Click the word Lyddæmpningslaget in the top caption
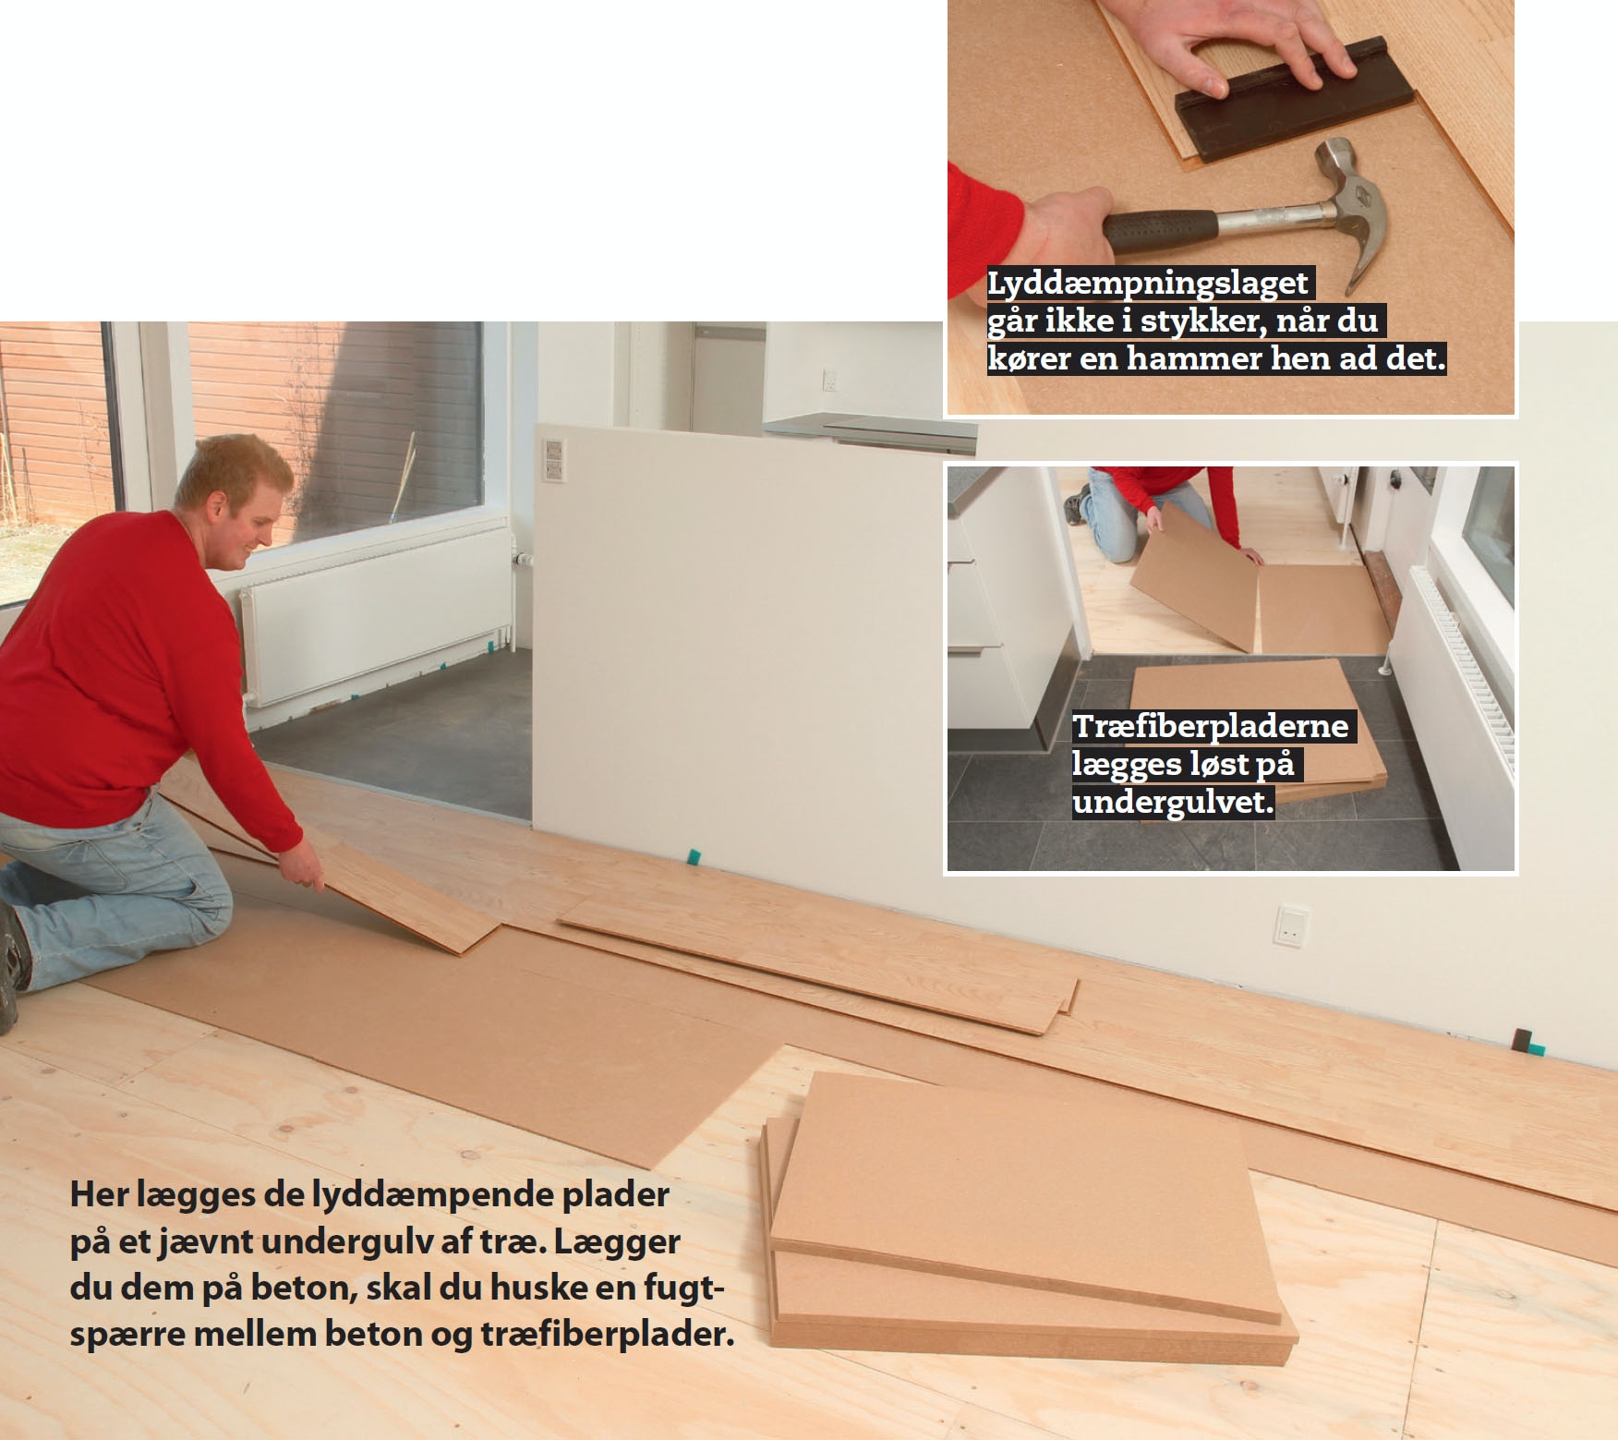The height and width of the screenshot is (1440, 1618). click(1149, 284)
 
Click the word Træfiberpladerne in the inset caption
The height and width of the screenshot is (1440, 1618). click(1211, 726)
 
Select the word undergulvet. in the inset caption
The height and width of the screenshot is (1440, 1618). click(1173, 802)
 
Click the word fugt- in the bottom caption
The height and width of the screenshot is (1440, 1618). click(673, 1289)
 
